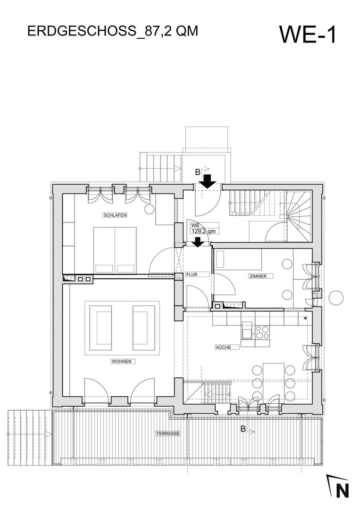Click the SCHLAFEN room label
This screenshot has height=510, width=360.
115,215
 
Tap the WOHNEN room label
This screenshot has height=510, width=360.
122,361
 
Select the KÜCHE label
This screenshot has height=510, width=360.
224,348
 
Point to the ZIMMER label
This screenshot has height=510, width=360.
258,276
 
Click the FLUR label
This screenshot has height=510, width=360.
192,274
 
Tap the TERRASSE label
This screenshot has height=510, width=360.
168,433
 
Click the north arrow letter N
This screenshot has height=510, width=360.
342,491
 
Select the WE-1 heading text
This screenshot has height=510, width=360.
308,34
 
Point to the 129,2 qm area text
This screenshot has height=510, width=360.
203,231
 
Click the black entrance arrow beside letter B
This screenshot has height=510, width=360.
207,181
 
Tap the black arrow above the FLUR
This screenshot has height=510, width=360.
197,242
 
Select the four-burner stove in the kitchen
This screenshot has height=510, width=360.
262,332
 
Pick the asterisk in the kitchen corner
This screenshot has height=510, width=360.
305,318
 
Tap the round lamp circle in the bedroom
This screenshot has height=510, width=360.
149,209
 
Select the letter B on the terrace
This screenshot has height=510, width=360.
243,429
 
